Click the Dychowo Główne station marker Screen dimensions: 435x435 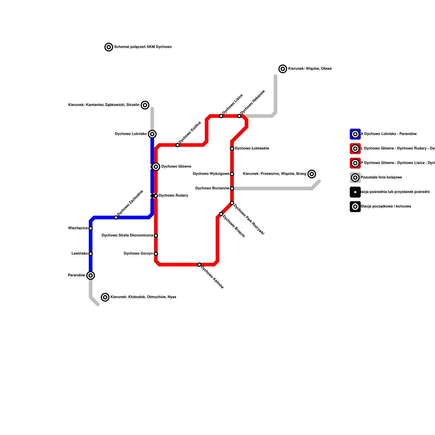pyautogui.click(x=156, y=167)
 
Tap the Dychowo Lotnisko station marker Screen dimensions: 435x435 pyautogui.click(x=152, y=134)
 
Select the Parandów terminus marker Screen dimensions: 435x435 pyautogui.click(x=91, y=275)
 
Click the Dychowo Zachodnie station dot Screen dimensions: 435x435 pyautogui.click(x=116, y=217)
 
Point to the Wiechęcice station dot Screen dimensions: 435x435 pyautogui.click(x=91, y=228)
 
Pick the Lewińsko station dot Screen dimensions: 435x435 pyautogui.click(x=91, y=254)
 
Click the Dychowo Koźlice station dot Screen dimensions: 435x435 pyautogui.click(x=178, y=145)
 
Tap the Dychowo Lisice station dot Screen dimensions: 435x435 pyautogui.click(x=221, y=116)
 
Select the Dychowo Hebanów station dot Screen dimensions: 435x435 pyautogui.click(x=239, y=116)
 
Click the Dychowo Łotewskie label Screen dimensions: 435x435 pyautogui.click(x=252, y=148)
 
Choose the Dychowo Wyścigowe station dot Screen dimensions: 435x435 pyautogui.click(x=232, y=174)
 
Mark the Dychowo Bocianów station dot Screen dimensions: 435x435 pyautogui.click(x=232, y=188)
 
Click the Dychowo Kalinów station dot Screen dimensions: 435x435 pyautogui.click(x=199, y=265)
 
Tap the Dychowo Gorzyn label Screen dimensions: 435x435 pyautogui.click(x=138, y=254)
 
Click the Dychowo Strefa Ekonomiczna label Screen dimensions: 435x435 pyautogui.click(x=127, y=235)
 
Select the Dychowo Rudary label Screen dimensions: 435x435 pyautogui.click(x=173, y=195)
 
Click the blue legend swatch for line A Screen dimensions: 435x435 pyautogui.click(x=355, y=134)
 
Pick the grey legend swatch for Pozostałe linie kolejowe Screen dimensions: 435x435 pyautogui.click(x=355, y=178)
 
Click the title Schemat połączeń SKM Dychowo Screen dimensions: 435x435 pyautogui.click(x=143, y=47)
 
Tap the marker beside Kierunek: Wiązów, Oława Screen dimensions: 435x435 pyautogui.click(x=283, y=69)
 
